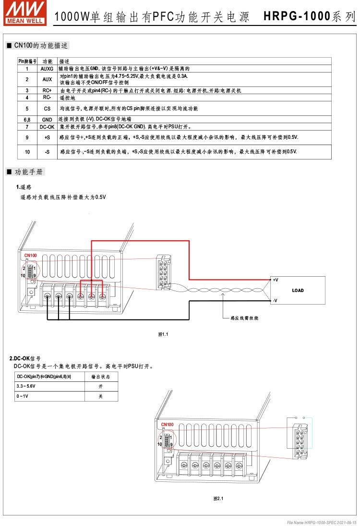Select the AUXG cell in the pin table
pyautogui.click(x=47, y=69)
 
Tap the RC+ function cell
pyautogui.click(x=47, y=90)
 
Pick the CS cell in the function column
pyautogui.click(x=47, y=109)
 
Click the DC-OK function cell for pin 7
pyautogui.click(x=47, y=127)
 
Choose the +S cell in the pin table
pyautogui.click(x=47, y=137)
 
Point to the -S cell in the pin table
pyautogui.click(x=47, y=152)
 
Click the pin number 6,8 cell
pyautogui.click(x=27, y=119)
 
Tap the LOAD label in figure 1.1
pyautogui.click(x=298, y=291)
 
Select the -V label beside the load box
pyautogui.click(x=275, y=301)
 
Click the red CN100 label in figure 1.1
pyautogui.click(x=30, y=256)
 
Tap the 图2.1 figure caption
pyautogui.click(x=218, y=499)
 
